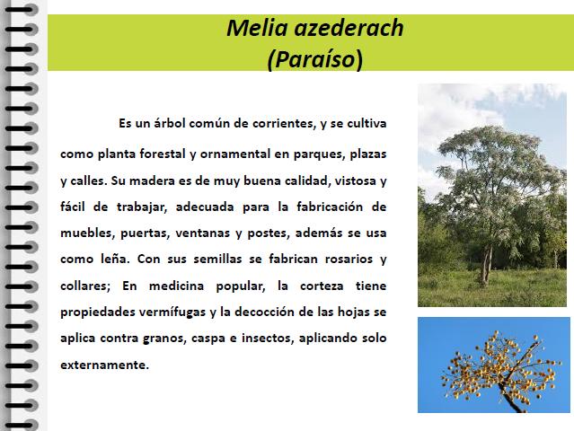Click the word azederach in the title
click(349, 28)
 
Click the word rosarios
click(349, 259)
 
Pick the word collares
click(85, 286)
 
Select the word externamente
click(105, 365)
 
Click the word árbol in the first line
click(170, 123)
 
